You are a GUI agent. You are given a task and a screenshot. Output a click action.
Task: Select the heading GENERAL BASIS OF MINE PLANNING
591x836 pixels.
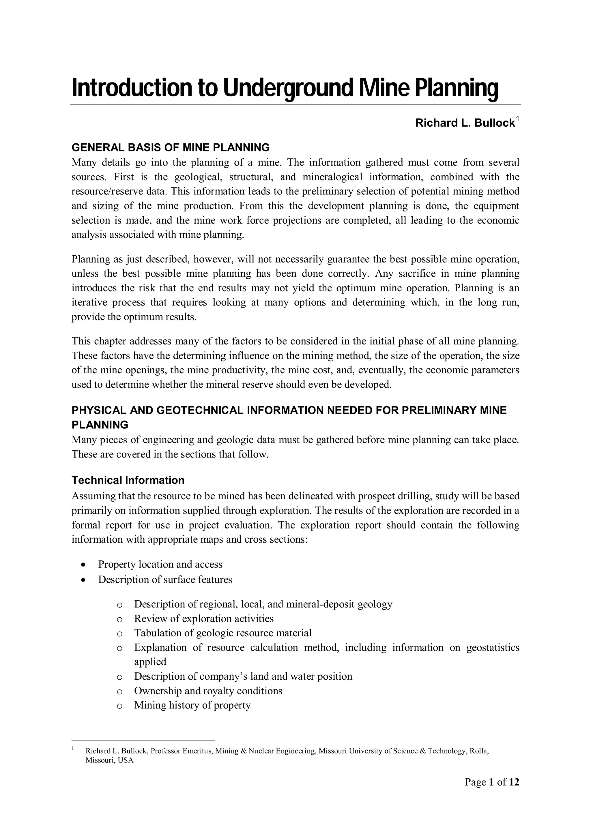(171, 147)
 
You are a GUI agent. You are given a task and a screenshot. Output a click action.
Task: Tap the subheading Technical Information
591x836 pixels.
(128, 480)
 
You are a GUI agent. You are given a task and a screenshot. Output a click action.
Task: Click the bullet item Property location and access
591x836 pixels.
(160, 564)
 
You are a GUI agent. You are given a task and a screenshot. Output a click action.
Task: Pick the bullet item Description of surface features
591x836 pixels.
(165, 579)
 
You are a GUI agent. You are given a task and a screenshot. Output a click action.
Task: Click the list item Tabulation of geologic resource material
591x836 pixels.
(222, 633)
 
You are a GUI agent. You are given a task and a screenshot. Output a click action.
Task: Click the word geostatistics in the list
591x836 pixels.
(493, 647)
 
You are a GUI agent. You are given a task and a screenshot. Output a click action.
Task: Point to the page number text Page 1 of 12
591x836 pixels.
(492, 782)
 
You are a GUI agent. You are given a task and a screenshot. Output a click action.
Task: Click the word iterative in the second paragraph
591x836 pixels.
(89, 302)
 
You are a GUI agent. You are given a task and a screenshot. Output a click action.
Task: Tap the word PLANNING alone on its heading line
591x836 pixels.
(100, 425)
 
